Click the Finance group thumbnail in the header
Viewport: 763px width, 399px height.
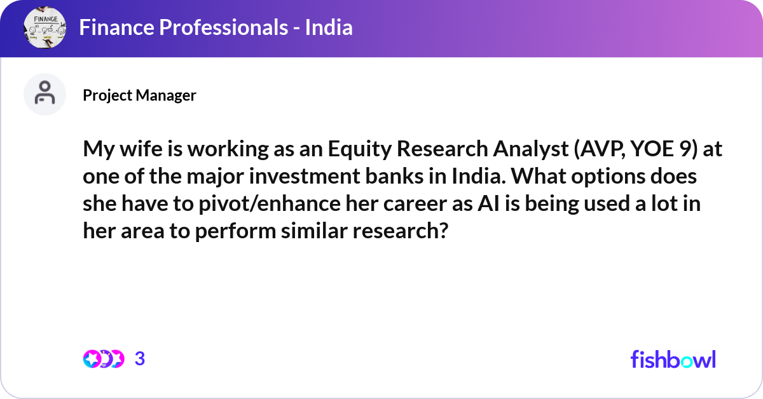[x=46, y=28]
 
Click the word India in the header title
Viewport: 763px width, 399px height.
[x=329, y=28]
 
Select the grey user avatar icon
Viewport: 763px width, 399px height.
[x=45, y=95]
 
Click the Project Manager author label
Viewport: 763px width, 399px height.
[x=139, y=95]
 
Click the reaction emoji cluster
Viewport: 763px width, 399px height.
[x=103, y=359]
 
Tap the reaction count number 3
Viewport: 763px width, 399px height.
[x=140, y=359]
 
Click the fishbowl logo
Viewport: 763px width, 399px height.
[x=673, y=359]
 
